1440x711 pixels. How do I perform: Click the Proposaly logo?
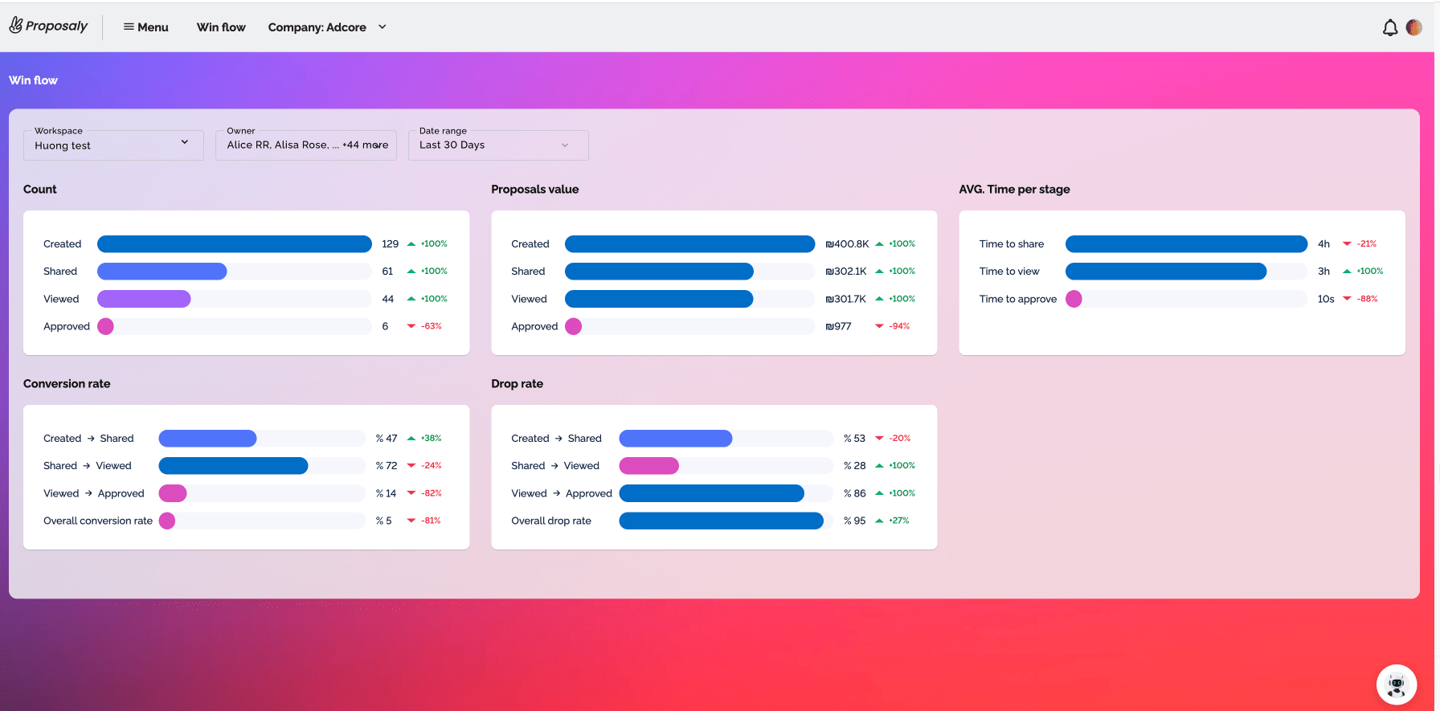pyautogui.click(x=48, y=26)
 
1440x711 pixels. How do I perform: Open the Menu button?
pyautogui.click(x=145, y=27)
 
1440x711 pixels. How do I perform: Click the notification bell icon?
pyautogui.click(x=1390, y=28)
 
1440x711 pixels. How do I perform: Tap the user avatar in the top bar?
pyautogui.click(x=1414, y=27)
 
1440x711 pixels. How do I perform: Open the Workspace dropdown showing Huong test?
pyautogui.click(x=113, y=145)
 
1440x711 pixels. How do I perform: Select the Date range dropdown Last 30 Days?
pyautogui.click(x=498, y=145)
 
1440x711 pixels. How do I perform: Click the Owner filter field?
pyautogui.click(x=306, y=145)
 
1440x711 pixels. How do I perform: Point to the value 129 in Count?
pyautogui.click(x=391, y=244)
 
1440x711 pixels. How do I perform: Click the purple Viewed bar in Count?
pyautogui.click(x=144, y=299)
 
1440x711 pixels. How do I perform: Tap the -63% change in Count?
pyautogui.click(x=432, y=326)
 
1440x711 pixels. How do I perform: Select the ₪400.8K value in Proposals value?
pyautogui.click(x=847, y=244)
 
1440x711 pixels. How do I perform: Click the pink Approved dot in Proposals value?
pyautogui.click(x=574, y=326)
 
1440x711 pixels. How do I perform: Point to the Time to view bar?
pyautogui.click(x=1166, y=272)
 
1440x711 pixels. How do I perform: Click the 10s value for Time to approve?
pyautogui.click(x=1326, y=299)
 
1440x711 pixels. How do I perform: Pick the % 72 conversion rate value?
pyautogui.click(x=387, y=466)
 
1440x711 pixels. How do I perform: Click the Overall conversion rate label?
pyautogui.click(x=98, y=521)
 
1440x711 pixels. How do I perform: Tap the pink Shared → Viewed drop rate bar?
pyautogui.click(x=649, y=466)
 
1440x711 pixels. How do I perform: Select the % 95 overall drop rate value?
pyautogui.click(x=855, y=521)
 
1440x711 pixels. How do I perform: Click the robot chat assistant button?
pyautogui.click(x=1397, y=684)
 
